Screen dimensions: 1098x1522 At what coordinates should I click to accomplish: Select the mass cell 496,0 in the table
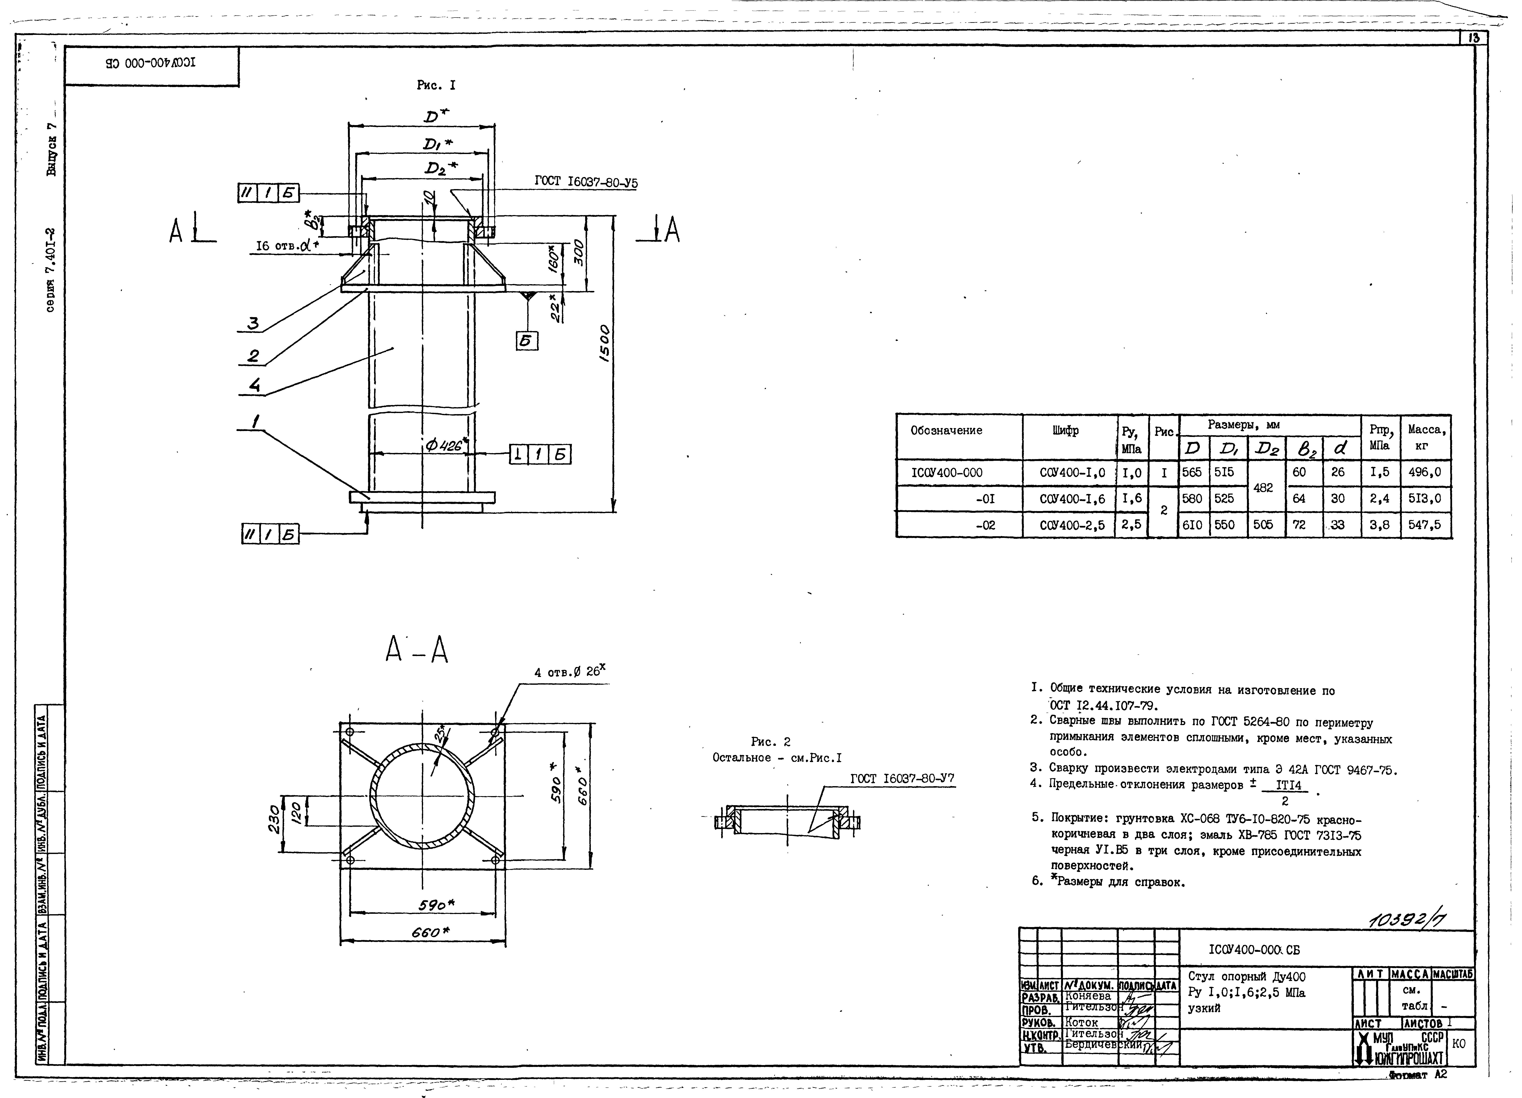[x=1425, y=472]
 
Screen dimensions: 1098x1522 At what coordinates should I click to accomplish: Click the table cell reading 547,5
[x=1425, y=525]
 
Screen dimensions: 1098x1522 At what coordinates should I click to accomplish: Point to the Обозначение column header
[x=946, y=430]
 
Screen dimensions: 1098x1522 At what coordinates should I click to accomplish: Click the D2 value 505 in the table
[x=1263, y=525]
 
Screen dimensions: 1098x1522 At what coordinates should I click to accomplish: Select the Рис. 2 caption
[x=770, y=742]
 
